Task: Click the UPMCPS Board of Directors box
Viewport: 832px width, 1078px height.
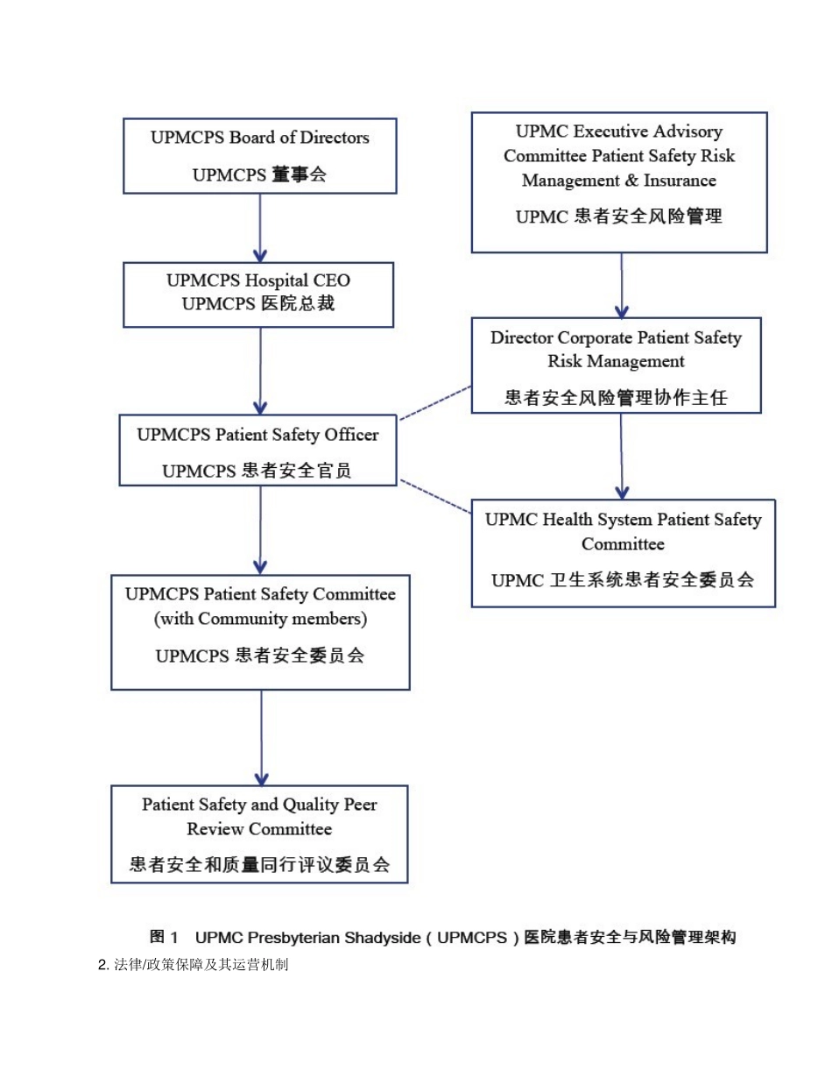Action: [x=259, y=156]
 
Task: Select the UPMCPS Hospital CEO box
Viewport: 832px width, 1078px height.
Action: [x=257, y=294]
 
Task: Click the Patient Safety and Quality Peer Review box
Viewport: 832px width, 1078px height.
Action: [x=259, y=833]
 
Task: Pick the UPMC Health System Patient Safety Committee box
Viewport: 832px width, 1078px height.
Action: [x=623, y=553]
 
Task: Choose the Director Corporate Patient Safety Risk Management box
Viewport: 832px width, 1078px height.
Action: [x=616, y=365]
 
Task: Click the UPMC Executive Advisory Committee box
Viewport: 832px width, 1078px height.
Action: [x=619, y=182]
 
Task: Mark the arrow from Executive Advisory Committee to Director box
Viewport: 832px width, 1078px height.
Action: [x=622, y=285]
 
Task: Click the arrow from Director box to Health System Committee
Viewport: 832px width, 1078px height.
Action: [x=622, y=456]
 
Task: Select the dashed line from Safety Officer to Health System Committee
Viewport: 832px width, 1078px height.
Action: [x=435, y=496]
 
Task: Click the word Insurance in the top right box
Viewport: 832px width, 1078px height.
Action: [x=680, y=181]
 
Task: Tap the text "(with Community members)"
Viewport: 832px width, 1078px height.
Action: [x=260, y=619]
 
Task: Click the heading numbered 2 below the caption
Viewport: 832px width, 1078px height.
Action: [x=193, y=965]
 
